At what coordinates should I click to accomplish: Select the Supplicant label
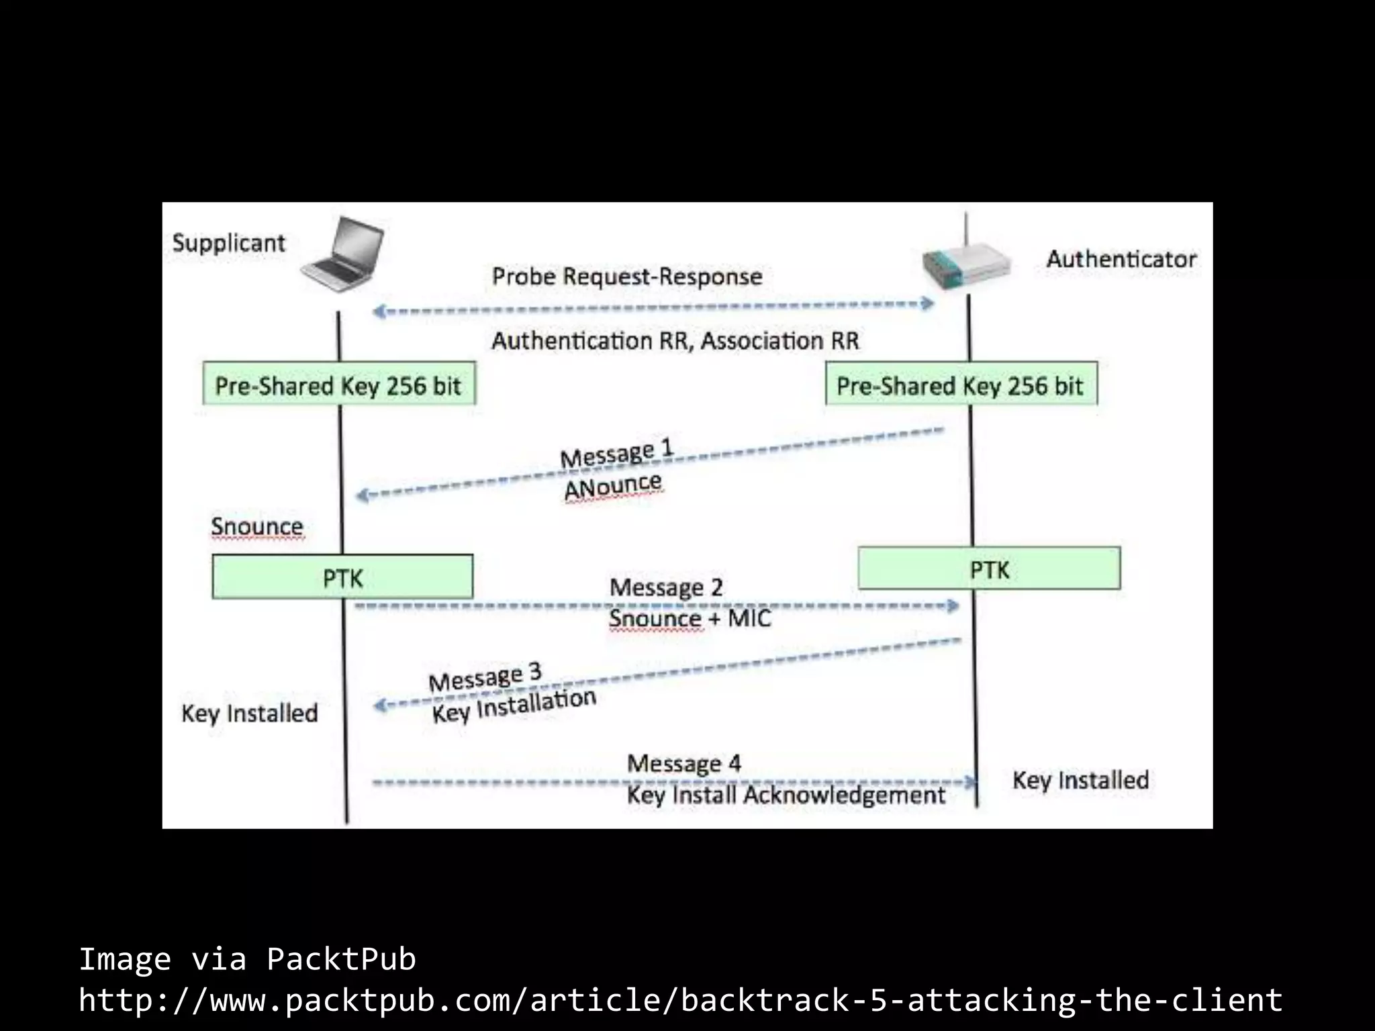[x=228, y=243]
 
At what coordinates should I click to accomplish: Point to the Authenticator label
[x=1121, y=259]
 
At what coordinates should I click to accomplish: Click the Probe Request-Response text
[x=627, y=277]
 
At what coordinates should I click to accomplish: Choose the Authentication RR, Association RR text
[x=675, y=341]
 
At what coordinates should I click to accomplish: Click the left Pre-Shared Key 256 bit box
[x=339, y=384]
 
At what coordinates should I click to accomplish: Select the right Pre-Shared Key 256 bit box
[x=961, y=384]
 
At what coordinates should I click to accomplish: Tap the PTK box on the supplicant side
[x=342, y=577]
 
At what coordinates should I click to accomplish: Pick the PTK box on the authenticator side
[x=989, y=569]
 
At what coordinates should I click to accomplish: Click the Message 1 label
[x=616, y=454]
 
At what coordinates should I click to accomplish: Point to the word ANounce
[x=613, y=486]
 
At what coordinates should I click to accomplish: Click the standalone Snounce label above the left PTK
[x=256, y=526]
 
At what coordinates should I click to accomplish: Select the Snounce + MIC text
[x=690, y=618]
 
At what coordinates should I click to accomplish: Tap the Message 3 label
[x=485, y=678]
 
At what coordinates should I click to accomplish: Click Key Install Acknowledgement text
[x=786, y=795]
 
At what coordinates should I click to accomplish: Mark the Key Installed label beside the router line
[x=1080, y=780]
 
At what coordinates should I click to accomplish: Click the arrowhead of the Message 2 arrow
[x=953, y=606]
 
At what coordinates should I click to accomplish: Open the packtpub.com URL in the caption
[x=680, y=999]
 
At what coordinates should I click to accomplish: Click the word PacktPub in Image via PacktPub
[x=341, y=959]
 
